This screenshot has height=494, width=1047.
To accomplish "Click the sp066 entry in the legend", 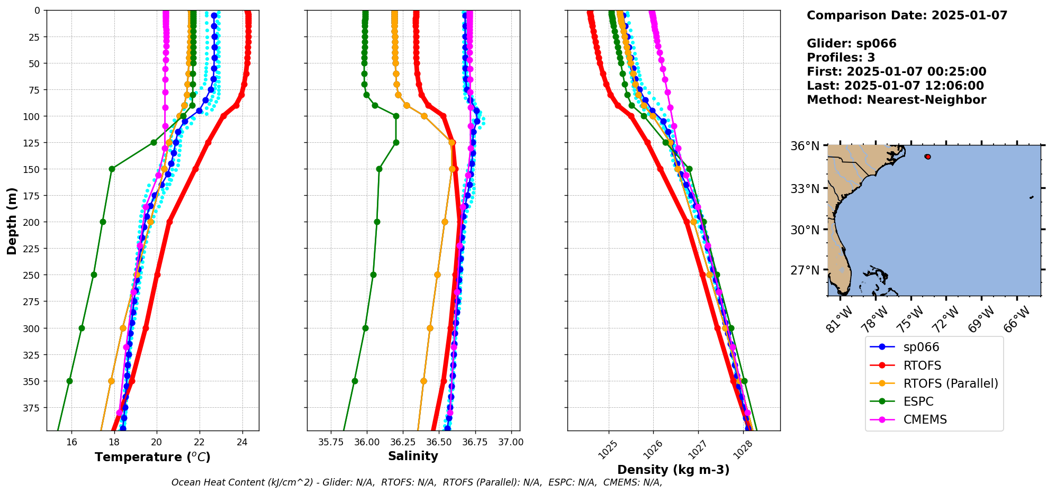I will (921, 347).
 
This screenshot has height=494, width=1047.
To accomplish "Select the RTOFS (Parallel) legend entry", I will (950, 383).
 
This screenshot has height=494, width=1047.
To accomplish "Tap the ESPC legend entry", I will (918, 401).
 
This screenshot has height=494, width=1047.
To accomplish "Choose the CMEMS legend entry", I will (925, 419).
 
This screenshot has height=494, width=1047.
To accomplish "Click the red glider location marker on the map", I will (927, 157).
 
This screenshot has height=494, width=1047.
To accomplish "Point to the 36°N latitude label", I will (805, 146).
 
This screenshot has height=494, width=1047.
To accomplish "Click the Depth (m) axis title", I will (12, 221).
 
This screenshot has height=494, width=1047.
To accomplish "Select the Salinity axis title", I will (413, 456).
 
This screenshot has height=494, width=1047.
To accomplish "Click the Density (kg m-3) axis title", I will (673, 470).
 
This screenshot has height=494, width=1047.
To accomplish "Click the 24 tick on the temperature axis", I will (242, 442).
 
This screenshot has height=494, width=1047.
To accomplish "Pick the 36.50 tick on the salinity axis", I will (438, 442).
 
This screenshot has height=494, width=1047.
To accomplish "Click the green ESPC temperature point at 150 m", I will (112, 169).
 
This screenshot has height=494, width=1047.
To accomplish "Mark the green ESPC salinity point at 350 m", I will (355, 381).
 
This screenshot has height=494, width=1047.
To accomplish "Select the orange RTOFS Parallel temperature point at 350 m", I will (111, 381).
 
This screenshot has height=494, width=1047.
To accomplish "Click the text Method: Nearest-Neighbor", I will (896, 100).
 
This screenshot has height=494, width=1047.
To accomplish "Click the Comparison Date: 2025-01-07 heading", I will (907, 15).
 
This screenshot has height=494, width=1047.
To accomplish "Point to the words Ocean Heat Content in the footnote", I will (210, 482).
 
